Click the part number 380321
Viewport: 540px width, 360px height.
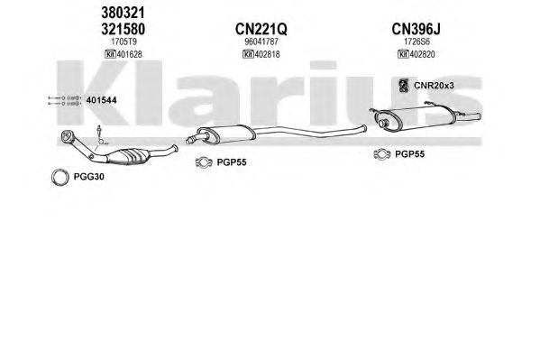tap(123, 14)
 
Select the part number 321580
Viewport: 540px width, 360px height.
tap(123, 29)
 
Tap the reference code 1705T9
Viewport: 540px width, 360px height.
tap(124, 42)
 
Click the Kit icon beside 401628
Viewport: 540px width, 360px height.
tap(110, 54)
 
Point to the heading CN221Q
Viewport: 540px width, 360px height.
tap(261, 29)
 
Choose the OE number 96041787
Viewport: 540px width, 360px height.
tap(261, 42)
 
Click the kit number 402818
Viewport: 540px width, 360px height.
tap(267, 54)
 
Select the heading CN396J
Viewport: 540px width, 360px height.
tap(416, 29)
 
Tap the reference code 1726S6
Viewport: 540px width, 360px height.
tap(416, 42)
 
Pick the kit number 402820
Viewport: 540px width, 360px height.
tap(422, 54)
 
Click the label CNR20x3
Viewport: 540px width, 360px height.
tap(434, 86)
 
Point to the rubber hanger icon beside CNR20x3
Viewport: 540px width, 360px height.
tap(403, 86)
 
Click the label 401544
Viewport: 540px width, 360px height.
tap(101, 100)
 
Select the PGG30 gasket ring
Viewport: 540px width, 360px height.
tap(52, 177)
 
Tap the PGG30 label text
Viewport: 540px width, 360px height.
tap(89, 177)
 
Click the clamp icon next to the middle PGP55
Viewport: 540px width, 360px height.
tap(204, 162)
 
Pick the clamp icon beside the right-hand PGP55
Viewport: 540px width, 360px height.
tap(381, 154)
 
